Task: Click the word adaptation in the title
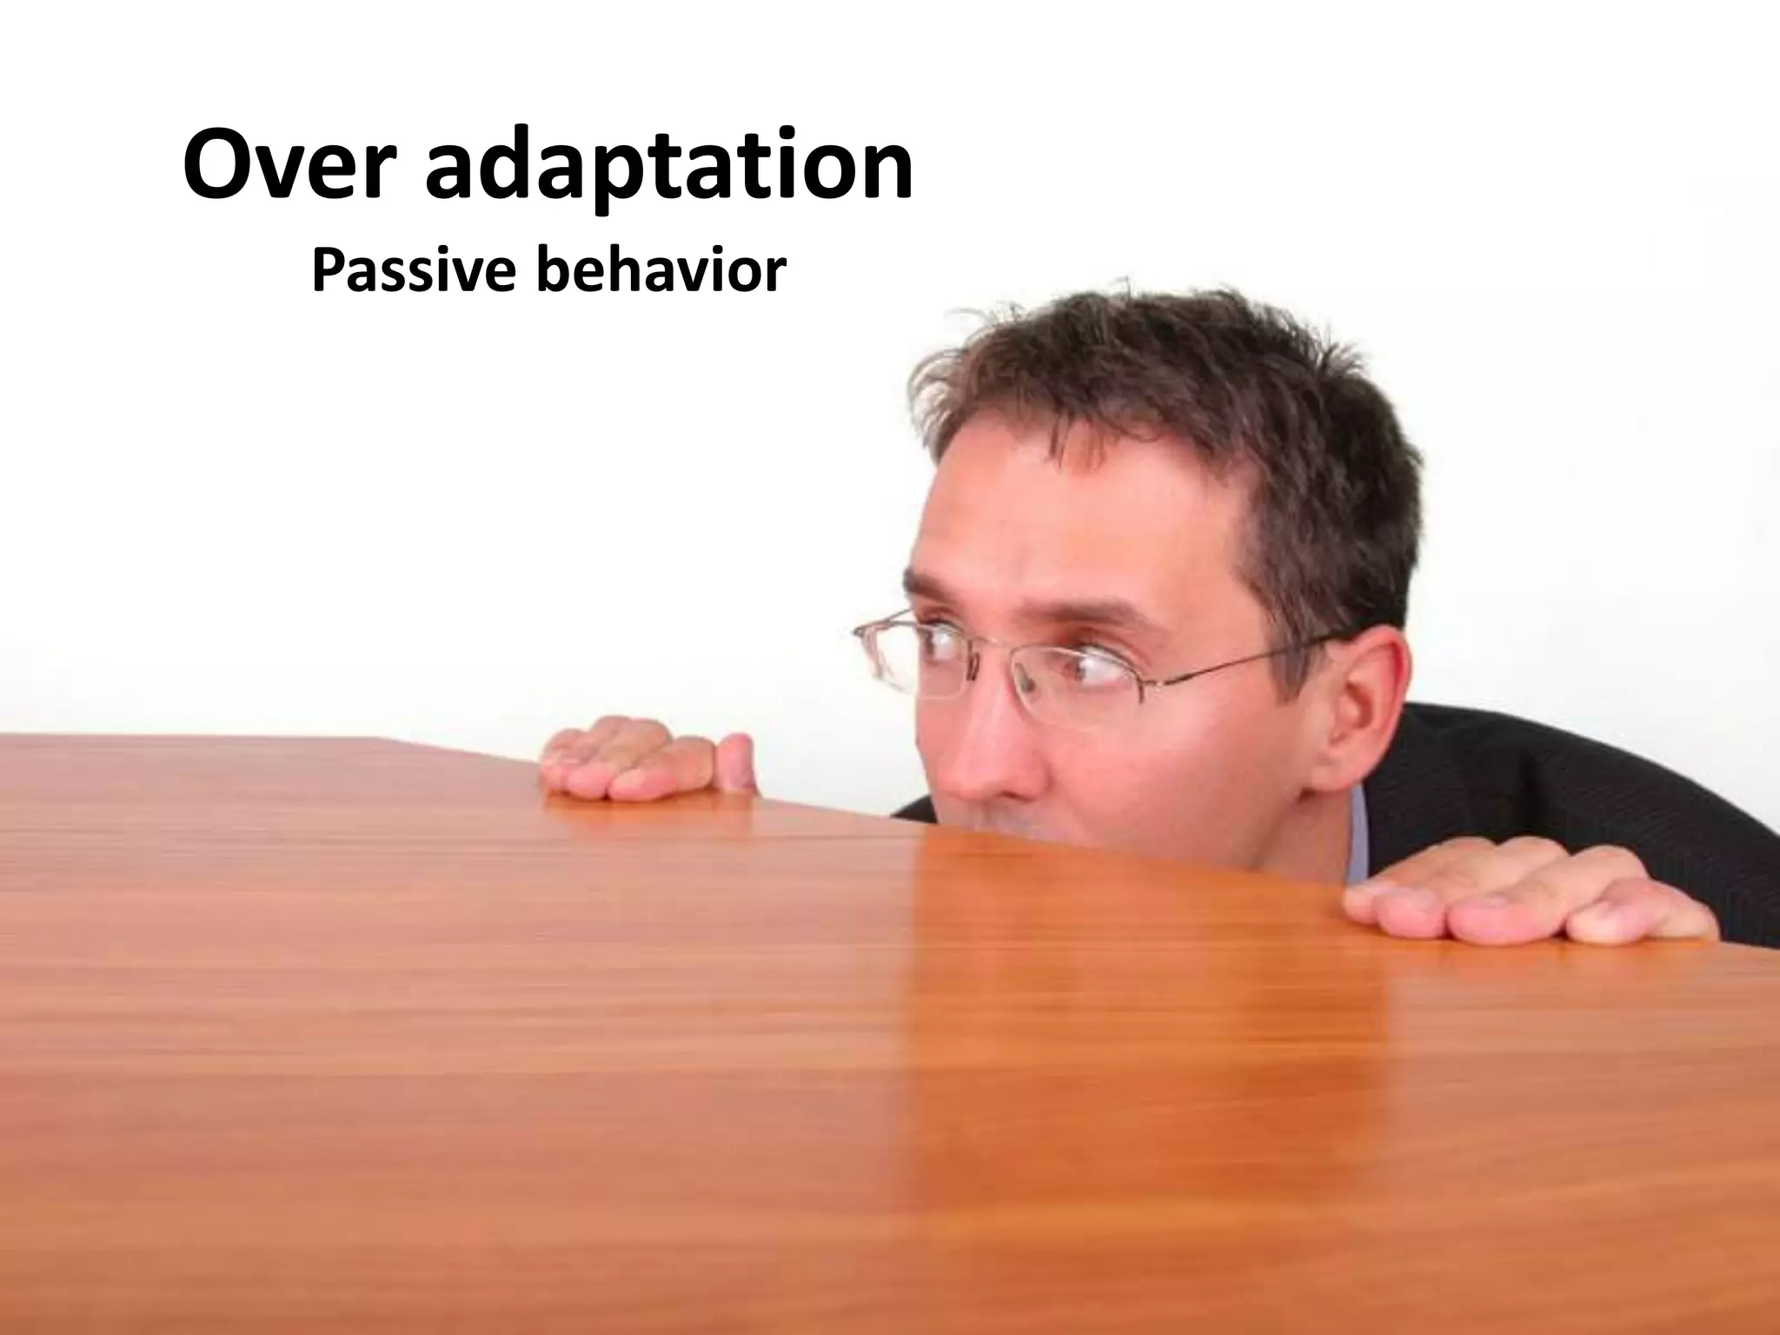(x=669, y=170)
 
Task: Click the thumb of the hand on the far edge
(x=735, y=761)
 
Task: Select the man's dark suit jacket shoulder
(x=1564, y=782)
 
